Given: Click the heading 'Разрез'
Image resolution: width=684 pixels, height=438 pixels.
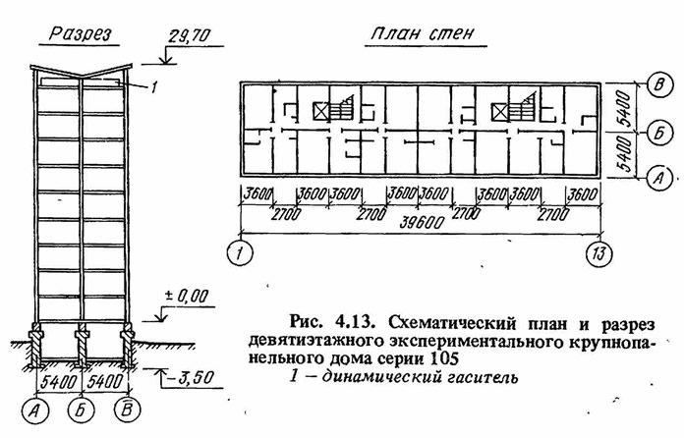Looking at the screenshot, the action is tap(81, 34).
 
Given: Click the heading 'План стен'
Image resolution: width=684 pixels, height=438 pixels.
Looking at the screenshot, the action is tap(423, 33).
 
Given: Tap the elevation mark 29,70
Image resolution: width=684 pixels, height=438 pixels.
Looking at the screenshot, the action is tap(190, 36).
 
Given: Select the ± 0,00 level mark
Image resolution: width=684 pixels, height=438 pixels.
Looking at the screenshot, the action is tap(187, 297).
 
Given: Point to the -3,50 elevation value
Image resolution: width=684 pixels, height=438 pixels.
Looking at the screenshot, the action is tap(191, 377).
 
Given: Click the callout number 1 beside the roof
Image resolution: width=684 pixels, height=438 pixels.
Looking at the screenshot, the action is tap(152, 87).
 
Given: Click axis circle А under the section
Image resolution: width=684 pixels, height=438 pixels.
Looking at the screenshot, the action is tap(35, 411).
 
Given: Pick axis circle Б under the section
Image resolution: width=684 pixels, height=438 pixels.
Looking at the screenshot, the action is tap(82, 411).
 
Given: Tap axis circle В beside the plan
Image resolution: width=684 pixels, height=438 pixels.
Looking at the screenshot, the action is tap(659, 85).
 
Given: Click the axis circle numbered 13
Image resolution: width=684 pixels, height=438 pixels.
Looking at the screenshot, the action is tap(598, 253).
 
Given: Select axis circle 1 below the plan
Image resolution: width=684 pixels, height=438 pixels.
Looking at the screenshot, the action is tap(240, 253).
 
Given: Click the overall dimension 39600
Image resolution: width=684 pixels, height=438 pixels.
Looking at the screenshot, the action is tap(423, 222).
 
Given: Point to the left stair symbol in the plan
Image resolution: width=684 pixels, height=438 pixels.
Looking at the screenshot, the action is tap(342, 109).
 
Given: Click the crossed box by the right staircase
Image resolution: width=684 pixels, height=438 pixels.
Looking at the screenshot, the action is tap(500, 112).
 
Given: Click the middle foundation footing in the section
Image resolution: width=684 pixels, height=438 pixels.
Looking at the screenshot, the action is tap(82, 345).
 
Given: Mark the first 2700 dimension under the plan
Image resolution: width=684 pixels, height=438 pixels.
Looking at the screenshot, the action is tap(286, 214).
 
